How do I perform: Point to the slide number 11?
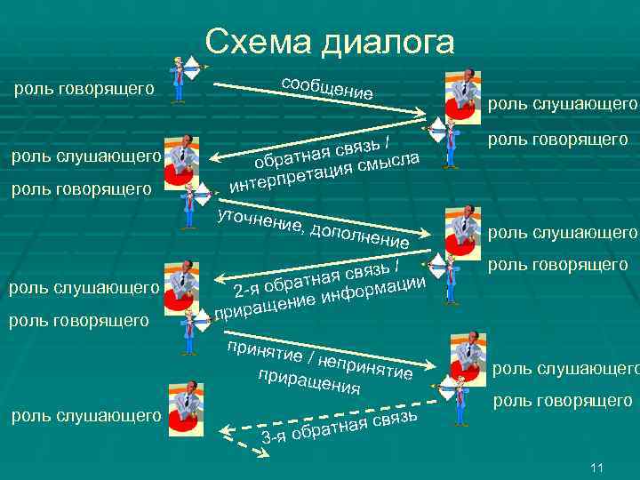click(x=596, y=468)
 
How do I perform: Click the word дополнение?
click(x=360, y=236)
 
